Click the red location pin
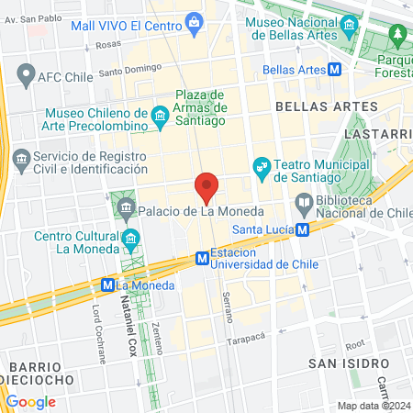207,186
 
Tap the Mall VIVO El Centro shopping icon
194,22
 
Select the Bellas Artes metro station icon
337,69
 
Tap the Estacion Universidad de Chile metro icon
201,260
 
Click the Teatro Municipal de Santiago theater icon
262,164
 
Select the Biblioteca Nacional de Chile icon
303,202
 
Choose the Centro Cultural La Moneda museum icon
131,240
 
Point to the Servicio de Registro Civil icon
20,162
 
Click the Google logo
30,401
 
